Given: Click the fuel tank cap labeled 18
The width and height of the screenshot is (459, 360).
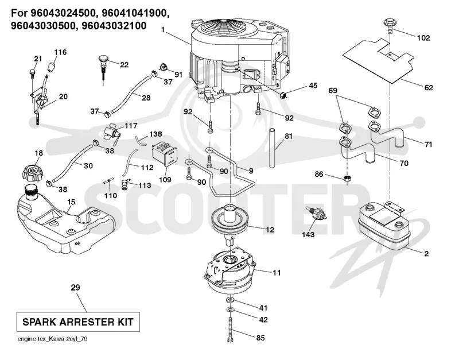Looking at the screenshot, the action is [x=33, y=172].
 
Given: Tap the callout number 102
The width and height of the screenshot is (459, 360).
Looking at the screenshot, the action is [x=423, y=38].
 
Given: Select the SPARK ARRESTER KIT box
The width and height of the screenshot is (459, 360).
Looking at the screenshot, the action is [x=78, y=322].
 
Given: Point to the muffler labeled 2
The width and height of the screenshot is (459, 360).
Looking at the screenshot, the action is [x=384, y=225].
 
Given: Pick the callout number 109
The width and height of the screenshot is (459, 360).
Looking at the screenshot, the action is [x=165, y=179].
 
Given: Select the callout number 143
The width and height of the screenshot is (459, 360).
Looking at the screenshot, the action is [x=308, y=234].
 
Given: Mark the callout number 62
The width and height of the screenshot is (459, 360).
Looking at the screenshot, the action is [x=428, y=87].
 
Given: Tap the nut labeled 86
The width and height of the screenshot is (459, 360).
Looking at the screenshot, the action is [x=347, y=179].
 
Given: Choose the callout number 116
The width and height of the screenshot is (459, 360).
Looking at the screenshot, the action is [x=60, y=52].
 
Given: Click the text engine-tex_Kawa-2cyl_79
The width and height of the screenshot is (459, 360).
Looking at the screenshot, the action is [x=52, y=339].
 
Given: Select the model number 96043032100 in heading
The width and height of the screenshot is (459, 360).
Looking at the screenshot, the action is [x=114, y=26].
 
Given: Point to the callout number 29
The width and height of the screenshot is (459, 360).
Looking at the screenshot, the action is [x=75, y=288].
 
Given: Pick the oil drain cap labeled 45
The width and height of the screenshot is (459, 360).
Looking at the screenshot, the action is [x=283, y=95].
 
